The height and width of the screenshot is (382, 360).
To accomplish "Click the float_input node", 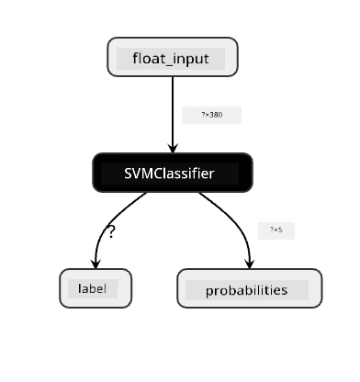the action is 173,57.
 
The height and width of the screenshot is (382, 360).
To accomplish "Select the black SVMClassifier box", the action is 173,173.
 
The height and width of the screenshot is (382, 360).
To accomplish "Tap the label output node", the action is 96,288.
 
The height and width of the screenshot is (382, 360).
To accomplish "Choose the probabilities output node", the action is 250,288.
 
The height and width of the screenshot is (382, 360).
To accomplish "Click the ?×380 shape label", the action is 212,115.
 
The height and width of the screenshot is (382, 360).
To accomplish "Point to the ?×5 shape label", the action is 276,230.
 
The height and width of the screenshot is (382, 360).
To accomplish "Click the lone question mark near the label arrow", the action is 111,232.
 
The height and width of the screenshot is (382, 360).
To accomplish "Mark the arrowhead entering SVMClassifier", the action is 173,148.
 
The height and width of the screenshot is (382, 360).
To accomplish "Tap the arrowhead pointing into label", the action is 96,264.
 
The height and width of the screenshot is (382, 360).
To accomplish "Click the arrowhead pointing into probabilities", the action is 250,264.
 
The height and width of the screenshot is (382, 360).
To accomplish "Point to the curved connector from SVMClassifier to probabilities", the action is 235,219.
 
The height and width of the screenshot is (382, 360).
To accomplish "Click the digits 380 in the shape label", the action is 216,115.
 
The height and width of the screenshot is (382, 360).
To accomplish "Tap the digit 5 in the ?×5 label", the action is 280,230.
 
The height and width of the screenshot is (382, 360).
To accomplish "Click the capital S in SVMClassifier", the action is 129,174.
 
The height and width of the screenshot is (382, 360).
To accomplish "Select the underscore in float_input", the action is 165,64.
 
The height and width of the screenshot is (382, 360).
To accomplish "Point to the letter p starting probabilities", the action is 209,291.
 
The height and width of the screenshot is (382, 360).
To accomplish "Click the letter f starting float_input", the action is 136,58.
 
